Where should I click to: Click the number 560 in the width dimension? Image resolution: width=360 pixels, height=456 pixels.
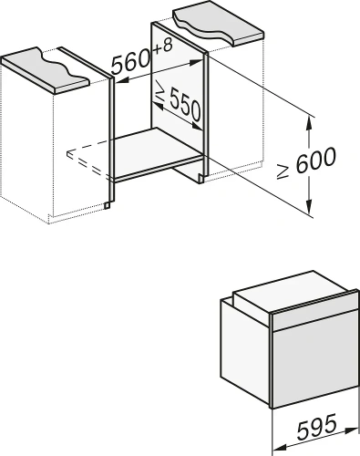point(131,63)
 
